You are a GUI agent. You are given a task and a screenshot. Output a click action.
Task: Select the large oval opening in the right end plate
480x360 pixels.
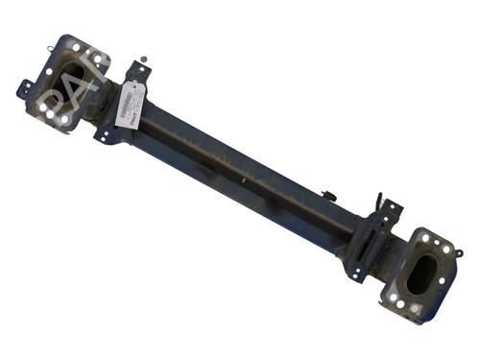(x=420, y=276)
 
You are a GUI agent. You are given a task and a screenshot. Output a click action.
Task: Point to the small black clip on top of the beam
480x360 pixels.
(x=329, y=197)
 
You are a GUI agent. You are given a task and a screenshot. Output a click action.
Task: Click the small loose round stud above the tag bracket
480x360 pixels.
(x=144, y=59)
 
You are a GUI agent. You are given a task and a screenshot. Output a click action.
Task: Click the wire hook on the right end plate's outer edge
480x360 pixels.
(x=458, y=253)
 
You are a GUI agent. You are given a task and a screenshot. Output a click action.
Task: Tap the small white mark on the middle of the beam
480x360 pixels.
(x=244, y=180)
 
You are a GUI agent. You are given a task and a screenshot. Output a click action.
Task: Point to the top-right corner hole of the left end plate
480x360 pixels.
(x=98, y=60)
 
